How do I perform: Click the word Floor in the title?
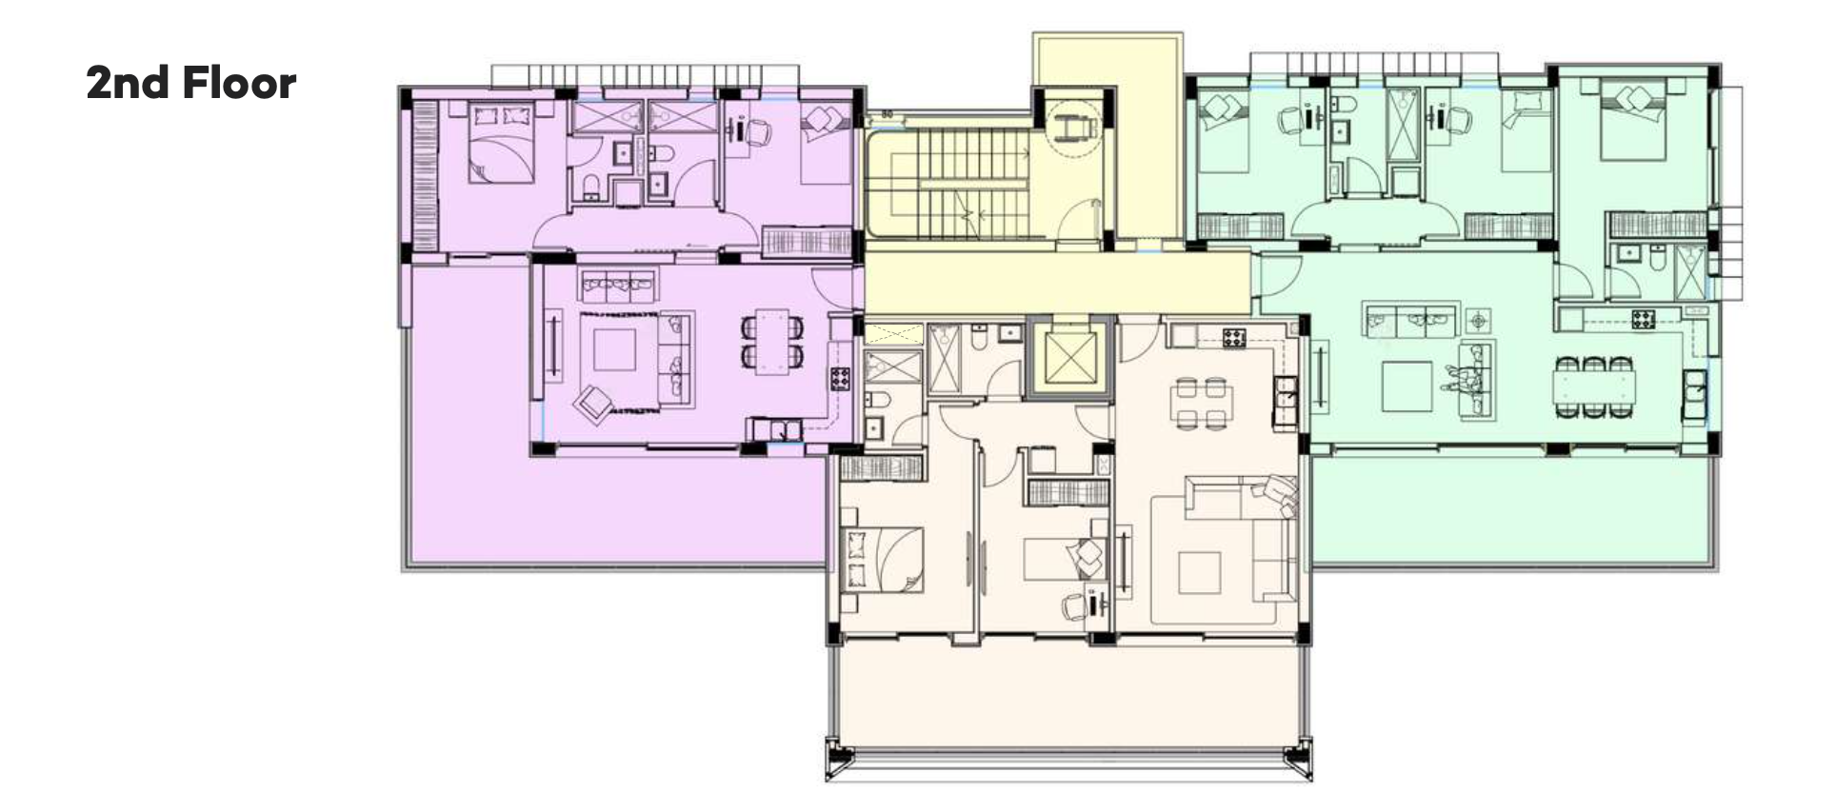pos(239,83)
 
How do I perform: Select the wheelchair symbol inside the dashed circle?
pos(1073,122)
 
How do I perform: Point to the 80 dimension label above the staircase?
pos(887,115)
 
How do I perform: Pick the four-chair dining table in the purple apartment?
pos(772,343)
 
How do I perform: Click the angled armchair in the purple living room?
pos(593,403)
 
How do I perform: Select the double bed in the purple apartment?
pos(501,143)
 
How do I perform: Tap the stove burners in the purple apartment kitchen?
pos(839,378)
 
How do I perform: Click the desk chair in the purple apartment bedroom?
pos(758,133)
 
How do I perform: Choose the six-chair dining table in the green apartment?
pos(1593,386)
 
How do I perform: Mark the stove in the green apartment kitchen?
pos(1643,319)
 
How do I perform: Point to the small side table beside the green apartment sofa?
pos(1478,320)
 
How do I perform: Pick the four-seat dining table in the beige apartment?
pos(1200,404)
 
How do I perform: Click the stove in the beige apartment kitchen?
pos(1235,336)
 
